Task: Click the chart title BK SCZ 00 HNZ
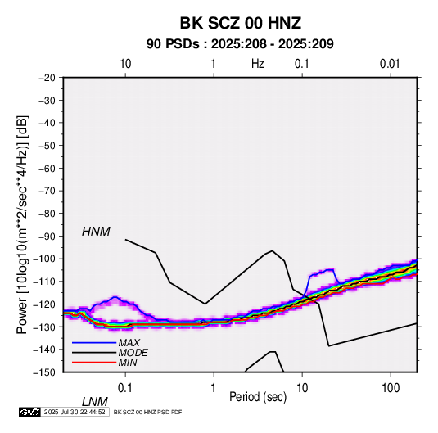click(240, 23)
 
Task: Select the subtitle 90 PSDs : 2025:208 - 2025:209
click(240, 44)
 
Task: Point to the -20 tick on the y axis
click(47, 78)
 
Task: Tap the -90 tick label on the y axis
click(47, 236)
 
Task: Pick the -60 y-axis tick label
click(47, 168)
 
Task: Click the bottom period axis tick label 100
click(391, 388)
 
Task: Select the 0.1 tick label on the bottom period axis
click(125, 388)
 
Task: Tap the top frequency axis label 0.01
click(390, 64)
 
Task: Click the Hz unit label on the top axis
click(258, 64)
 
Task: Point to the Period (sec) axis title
click(258, 397)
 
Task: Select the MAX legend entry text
click(129, 343)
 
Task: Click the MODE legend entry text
click(133, 353)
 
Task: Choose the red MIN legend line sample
click(94, 363)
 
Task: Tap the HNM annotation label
click(96, 232)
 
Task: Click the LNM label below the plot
click(95, 402)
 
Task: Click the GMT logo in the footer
click(29, 412)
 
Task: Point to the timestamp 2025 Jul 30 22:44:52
click(75, 412)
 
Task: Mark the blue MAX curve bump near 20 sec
click(322, 272)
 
